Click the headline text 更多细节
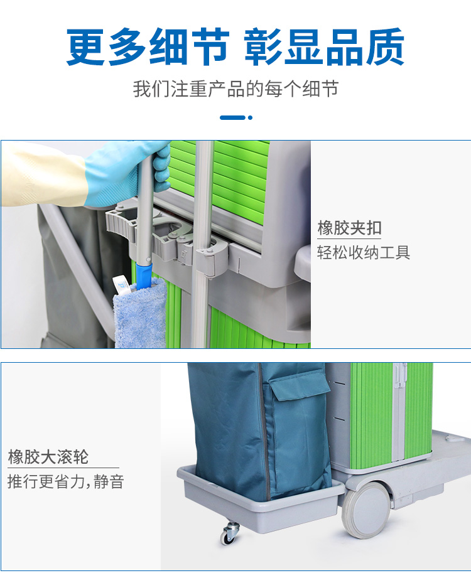point(148,47)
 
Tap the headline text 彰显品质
point(325,47)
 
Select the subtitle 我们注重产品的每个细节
point(235,89)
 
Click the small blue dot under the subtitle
point(250,117)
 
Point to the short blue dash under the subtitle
point(232,117)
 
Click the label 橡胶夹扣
point(349,228)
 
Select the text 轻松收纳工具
point(364,253)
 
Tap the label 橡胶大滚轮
point(48,457)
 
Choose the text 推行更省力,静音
point(66,482)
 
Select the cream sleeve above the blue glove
point(43,173)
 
